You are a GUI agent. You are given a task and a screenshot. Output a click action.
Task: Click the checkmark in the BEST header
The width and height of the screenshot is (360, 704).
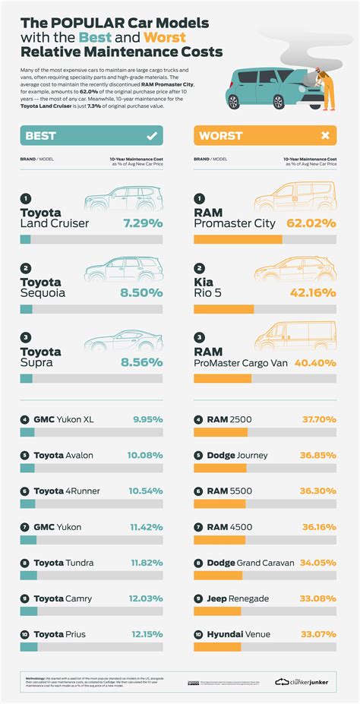coord(151,136)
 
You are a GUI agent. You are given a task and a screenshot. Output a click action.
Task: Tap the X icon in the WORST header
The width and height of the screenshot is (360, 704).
coord(325,136)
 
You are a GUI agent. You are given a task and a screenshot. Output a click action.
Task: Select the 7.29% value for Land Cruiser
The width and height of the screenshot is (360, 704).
coord(141,224)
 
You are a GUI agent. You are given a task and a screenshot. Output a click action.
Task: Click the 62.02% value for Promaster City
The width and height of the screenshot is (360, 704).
coord(311,224)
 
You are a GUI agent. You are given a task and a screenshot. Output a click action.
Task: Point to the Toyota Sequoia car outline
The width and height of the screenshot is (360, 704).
coord(122,270)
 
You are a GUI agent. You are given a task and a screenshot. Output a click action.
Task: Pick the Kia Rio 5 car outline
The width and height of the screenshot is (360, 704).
coord(295,270)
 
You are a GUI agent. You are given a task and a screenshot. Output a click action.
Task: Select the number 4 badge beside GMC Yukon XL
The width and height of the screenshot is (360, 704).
coord(24,418)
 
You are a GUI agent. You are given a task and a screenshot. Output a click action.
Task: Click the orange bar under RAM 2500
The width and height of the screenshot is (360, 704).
coord(220,432)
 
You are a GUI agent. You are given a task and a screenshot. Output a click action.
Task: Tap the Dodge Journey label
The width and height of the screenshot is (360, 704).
coord(236,456)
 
